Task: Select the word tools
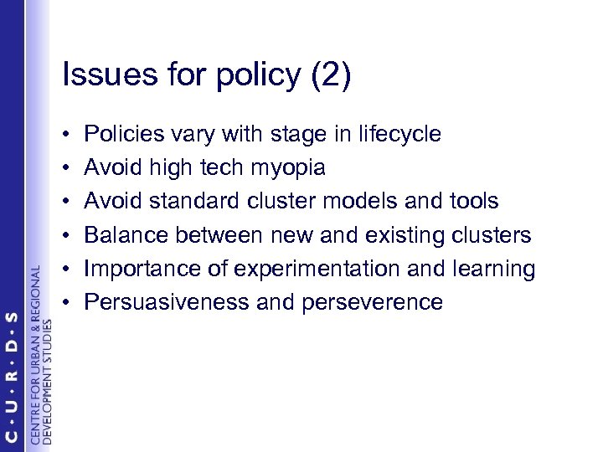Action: (x=473, y=201)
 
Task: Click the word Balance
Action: (x=128, y=234)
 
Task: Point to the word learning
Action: (x=493, y=269)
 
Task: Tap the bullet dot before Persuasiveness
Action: (x=66, y=302)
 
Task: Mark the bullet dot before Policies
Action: (x=66, y=135)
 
